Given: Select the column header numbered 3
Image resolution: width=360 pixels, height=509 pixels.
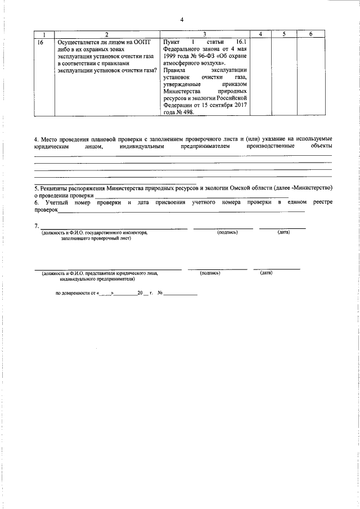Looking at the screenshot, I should pyautogui.click(x=205, y=34).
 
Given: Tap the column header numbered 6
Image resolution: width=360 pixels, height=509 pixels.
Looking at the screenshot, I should pyautogui.click(x=311, y=34).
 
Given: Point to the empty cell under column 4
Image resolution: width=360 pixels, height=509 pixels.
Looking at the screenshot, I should pyautogui.click(x=260, y=76).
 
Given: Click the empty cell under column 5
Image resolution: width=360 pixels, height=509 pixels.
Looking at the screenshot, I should pyautogui.click(x=284, y=76).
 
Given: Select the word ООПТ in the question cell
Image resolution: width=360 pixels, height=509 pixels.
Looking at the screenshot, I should pyautogui.click(x=141, y=42).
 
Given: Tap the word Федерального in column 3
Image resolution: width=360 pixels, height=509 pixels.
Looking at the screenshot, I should pyautogui.click(x=183, y=49).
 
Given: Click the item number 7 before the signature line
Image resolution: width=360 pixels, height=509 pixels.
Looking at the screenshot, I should pyautogui.click(x=37, y=226).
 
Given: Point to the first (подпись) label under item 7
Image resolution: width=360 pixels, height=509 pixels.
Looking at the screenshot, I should pyautogui.click(x=228, y=232).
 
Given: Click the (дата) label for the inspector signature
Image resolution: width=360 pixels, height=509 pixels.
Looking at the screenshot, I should pyautogui.click(x=283, y=232).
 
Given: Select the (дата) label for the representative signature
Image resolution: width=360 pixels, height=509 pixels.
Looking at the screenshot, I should pyautogui.click(x=266, y=273).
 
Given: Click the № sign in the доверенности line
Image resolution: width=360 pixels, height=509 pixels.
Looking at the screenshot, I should pyautogui.click(x=160, y=293).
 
